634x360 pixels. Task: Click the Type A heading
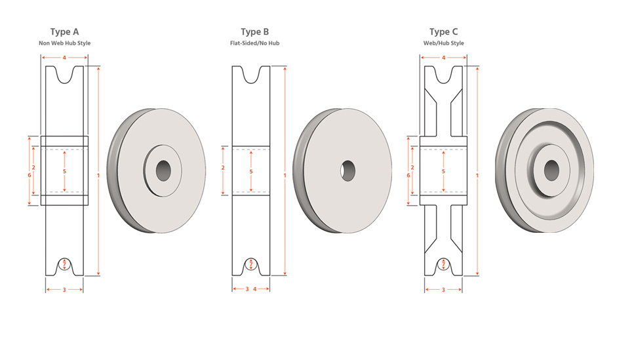65,32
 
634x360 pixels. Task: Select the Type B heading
255,32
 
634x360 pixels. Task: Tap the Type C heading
444,32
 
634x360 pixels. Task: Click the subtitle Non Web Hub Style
65,43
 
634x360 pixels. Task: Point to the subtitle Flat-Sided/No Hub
255,43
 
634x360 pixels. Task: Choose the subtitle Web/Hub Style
444,43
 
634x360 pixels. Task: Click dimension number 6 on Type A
30,175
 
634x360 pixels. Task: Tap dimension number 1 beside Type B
285,175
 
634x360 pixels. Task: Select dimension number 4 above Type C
444,58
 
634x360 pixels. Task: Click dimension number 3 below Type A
64,290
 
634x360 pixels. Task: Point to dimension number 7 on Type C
444,264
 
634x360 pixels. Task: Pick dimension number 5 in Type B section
251,172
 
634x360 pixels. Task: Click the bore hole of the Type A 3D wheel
163,170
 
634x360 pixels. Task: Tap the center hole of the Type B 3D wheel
347,170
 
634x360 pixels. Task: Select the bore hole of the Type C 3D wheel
551,170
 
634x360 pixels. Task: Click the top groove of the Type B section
251,75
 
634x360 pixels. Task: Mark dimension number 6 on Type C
408,175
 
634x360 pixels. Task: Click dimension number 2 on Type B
223,167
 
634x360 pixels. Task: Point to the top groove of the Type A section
65,75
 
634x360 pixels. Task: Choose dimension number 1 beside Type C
477,175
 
